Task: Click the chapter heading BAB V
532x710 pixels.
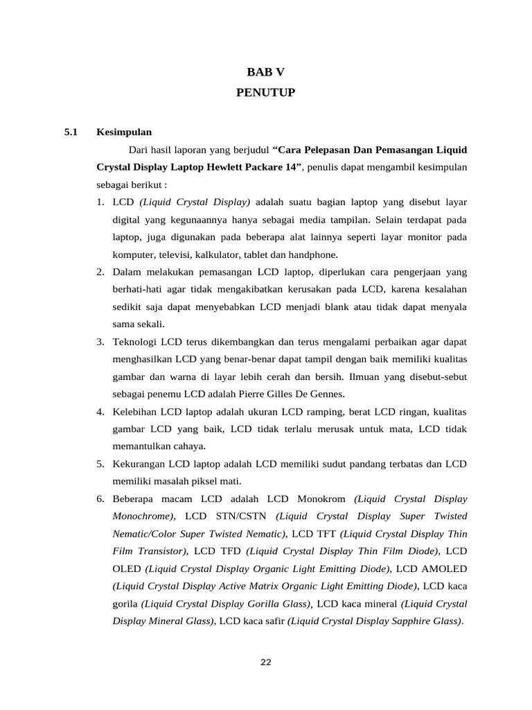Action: (266, 71)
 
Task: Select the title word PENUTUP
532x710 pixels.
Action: (266, 92)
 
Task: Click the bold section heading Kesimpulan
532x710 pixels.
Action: (124, 131)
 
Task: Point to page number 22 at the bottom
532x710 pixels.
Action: (266, 662)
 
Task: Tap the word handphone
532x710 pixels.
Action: (314, 254)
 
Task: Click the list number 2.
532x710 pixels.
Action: (100, 272)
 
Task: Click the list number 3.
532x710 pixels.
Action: (100, 342)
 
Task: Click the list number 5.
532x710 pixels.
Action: (100, 464)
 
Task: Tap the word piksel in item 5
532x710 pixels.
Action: (204, 481)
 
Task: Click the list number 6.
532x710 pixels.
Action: (100, 499)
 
